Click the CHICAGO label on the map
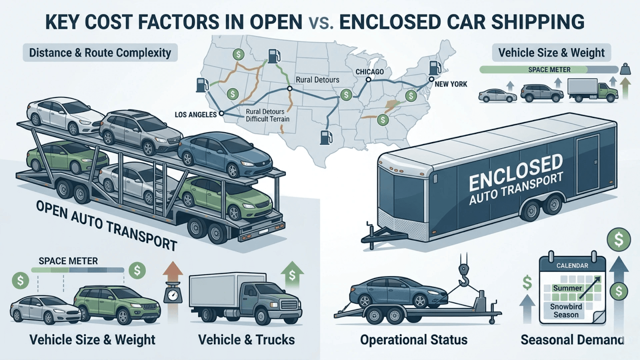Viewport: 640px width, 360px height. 370,72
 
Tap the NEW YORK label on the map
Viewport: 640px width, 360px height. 451,84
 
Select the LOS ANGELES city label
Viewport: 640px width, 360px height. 196,115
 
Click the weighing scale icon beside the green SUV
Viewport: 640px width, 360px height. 173,296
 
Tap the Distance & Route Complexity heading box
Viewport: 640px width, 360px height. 100,53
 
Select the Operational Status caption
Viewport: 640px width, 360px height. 414,340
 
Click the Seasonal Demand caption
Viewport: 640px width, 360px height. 572,340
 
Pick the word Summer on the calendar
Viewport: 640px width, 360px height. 567,288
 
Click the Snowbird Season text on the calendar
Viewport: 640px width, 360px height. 566,311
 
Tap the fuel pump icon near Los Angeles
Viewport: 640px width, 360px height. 202,85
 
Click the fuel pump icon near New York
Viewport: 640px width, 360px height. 434,68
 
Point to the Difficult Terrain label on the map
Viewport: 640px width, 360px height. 268,119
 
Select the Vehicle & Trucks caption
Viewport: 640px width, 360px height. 246,340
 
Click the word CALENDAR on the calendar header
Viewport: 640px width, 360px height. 572,266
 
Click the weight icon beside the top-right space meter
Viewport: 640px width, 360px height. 625,69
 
